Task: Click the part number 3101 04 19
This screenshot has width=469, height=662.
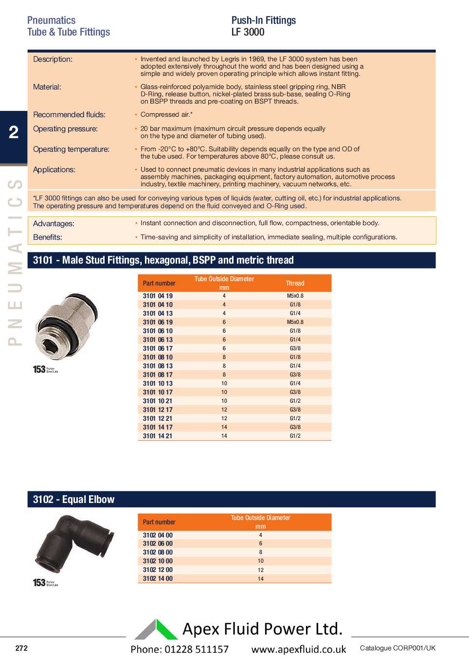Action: pos(158,296)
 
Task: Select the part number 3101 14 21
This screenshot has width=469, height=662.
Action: pos(158,436)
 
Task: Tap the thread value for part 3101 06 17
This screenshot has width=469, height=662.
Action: pos(295,348)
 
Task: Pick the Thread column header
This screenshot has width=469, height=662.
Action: pos(295,283)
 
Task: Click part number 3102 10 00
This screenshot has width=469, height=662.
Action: pos(158,561)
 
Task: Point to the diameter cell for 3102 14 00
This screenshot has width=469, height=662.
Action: pos(261,579)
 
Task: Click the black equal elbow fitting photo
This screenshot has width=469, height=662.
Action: pos(74,544)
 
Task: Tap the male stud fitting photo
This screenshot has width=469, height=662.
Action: pos(67,326)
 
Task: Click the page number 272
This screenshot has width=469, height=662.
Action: pos(21,648)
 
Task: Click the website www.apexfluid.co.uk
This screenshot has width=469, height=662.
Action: pos(299,649)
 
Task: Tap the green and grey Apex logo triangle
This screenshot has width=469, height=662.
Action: pos(156,629)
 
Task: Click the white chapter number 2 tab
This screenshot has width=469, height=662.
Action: pos(14,132)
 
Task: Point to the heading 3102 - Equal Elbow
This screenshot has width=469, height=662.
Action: pos(74,500)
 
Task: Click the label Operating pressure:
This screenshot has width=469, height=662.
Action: pos(65,129)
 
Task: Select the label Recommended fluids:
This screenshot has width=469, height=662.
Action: pos(69,115)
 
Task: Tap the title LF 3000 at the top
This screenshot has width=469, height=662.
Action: pos(248,32)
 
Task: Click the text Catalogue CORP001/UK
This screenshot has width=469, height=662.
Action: pos(397,648)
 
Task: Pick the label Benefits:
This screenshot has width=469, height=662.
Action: pos(48,237)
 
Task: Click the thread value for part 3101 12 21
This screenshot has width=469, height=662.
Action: pos(295,418)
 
